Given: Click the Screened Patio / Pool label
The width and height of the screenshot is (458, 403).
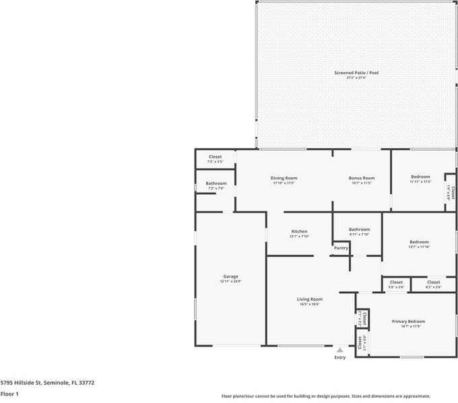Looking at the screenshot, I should tap(356, 72).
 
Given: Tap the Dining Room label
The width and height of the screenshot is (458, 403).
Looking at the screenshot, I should tap(284, 178).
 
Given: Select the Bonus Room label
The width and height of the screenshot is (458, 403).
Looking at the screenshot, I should tap(361, 178).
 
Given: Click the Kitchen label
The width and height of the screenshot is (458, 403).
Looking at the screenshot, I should tap(299, 231).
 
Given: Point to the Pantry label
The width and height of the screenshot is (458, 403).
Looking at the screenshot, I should tap(341, 248).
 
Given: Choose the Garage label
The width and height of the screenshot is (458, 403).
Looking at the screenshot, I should tap(231, 276).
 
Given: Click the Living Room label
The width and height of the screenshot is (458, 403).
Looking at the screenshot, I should tap(310, 299).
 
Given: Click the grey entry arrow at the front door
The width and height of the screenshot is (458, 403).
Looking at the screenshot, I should tap(340, 350).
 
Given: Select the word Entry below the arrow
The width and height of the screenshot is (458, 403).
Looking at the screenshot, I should tap(340, 357).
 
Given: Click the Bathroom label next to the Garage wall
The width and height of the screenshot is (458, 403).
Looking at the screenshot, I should tap(216, 183).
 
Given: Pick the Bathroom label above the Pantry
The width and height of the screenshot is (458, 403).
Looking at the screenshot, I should tap(359, 229).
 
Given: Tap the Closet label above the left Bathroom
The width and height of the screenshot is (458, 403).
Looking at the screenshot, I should tap(215, 156).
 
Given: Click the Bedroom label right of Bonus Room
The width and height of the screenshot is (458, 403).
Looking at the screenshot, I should tap(420, 177).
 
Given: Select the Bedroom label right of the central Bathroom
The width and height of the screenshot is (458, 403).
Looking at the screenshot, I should tap(419, 242).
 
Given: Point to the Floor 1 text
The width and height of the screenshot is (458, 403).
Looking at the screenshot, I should tap(9, 394).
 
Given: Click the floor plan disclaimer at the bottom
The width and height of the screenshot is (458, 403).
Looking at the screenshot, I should tap(325, 396).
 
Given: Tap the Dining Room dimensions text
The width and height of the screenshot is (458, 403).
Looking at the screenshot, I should tap(284, 183).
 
